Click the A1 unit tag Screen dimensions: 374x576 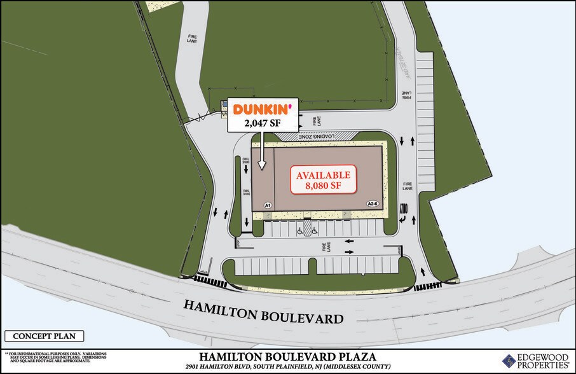268,205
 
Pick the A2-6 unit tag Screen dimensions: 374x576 373,204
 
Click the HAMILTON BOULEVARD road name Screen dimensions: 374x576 263,312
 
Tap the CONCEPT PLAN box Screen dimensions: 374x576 45,336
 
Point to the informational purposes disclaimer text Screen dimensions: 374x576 56,359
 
